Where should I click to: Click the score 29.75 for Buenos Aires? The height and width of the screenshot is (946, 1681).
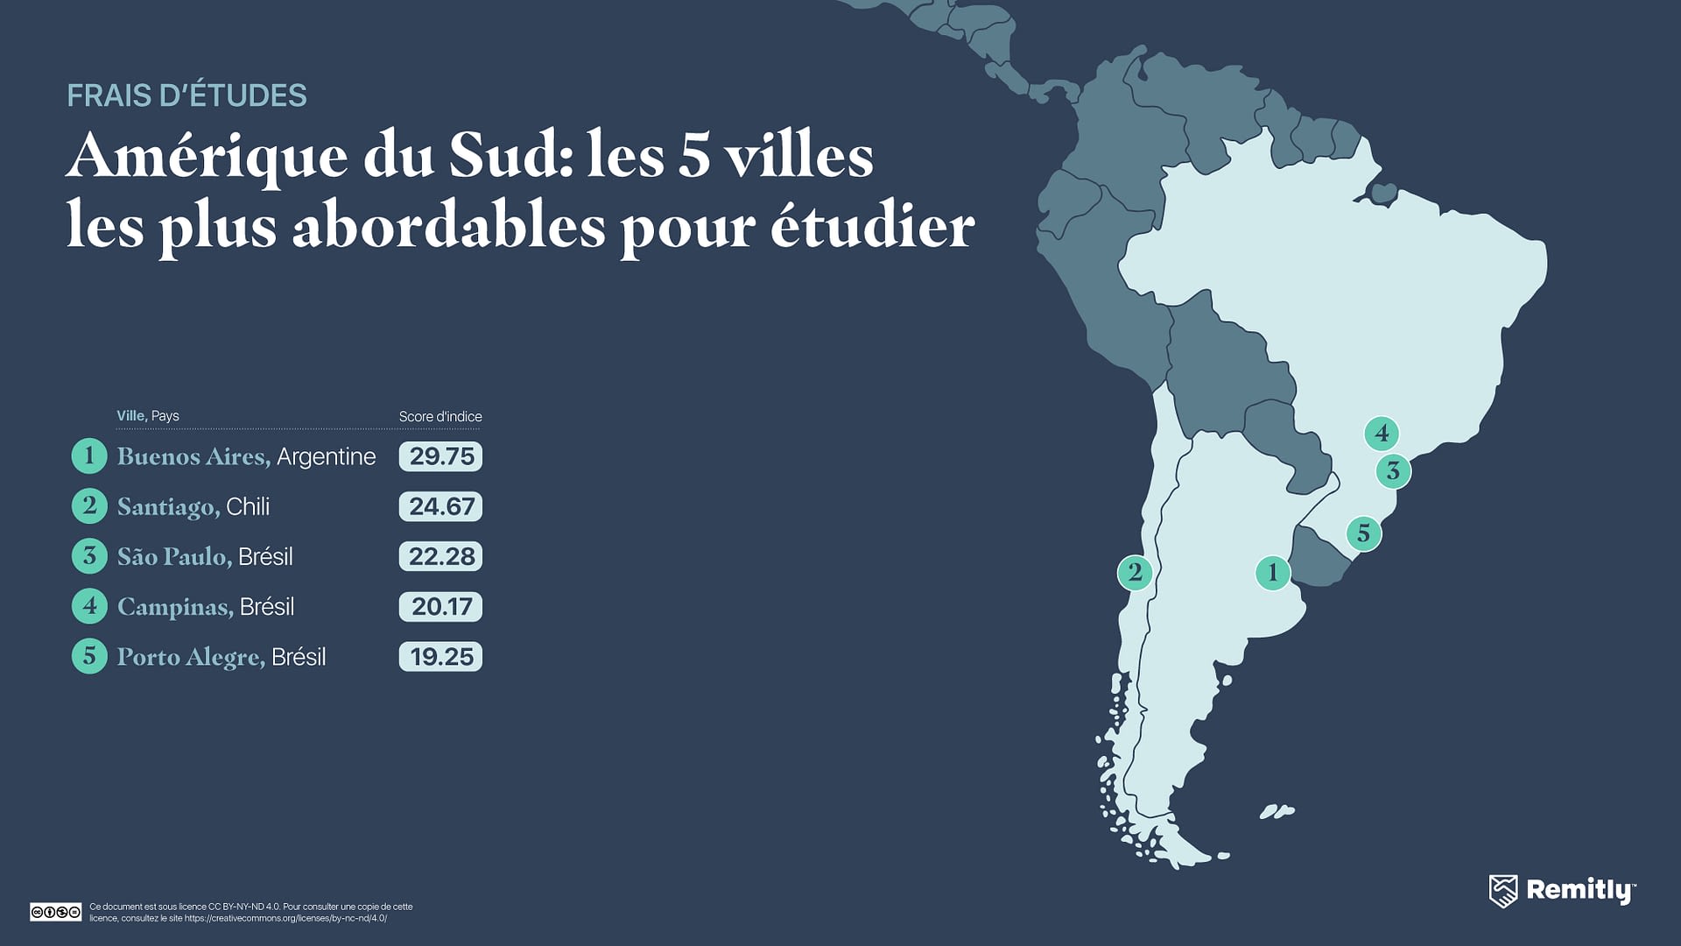(x=440, y=456)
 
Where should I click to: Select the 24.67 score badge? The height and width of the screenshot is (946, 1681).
(x=440, y=506)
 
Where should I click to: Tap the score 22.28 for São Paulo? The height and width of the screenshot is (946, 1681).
(x=440, y=556)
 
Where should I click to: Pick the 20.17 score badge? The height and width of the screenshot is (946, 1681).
(x=440, y=606)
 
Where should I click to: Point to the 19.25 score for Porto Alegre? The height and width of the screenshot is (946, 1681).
(x=440, y=657)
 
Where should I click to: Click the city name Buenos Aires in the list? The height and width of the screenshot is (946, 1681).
(x=193, y=456)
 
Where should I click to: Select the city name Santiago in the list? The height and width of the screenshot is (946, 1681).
(x=167, y=507)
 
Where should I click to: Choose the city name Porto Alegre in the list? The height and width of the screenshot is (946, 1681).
(x=190, y=657)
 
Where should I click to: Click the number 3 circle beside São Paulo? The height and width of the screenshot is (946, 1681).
(x=89, y=556)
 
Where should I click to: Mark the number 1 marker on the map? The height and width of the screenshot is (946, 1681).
(x=1272, y=573)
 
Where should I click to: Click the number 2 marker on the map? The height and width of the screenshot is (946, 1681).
(x=1135, y=573)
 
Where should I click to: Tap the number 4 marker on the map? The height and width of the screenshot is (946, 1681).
(x=1382, y=433)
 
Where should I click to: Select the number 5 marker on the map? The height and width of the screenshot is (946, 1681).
(x=1363, y=533)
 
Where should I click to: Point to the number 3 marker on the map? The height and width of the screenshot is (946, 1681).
(x=1393, y=471)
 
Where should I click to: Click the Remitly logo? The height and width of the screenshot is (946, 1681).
(x=1562, y=891)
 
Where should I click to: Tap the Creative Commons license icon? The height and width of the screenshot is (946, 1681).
(x=55, y=912)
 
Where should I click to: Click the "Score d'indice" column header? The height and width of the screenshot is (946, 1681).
(x=440, y=416)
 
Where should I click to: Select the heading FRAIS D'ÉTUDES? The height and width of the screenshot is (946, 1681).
(x=186, y=95)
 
